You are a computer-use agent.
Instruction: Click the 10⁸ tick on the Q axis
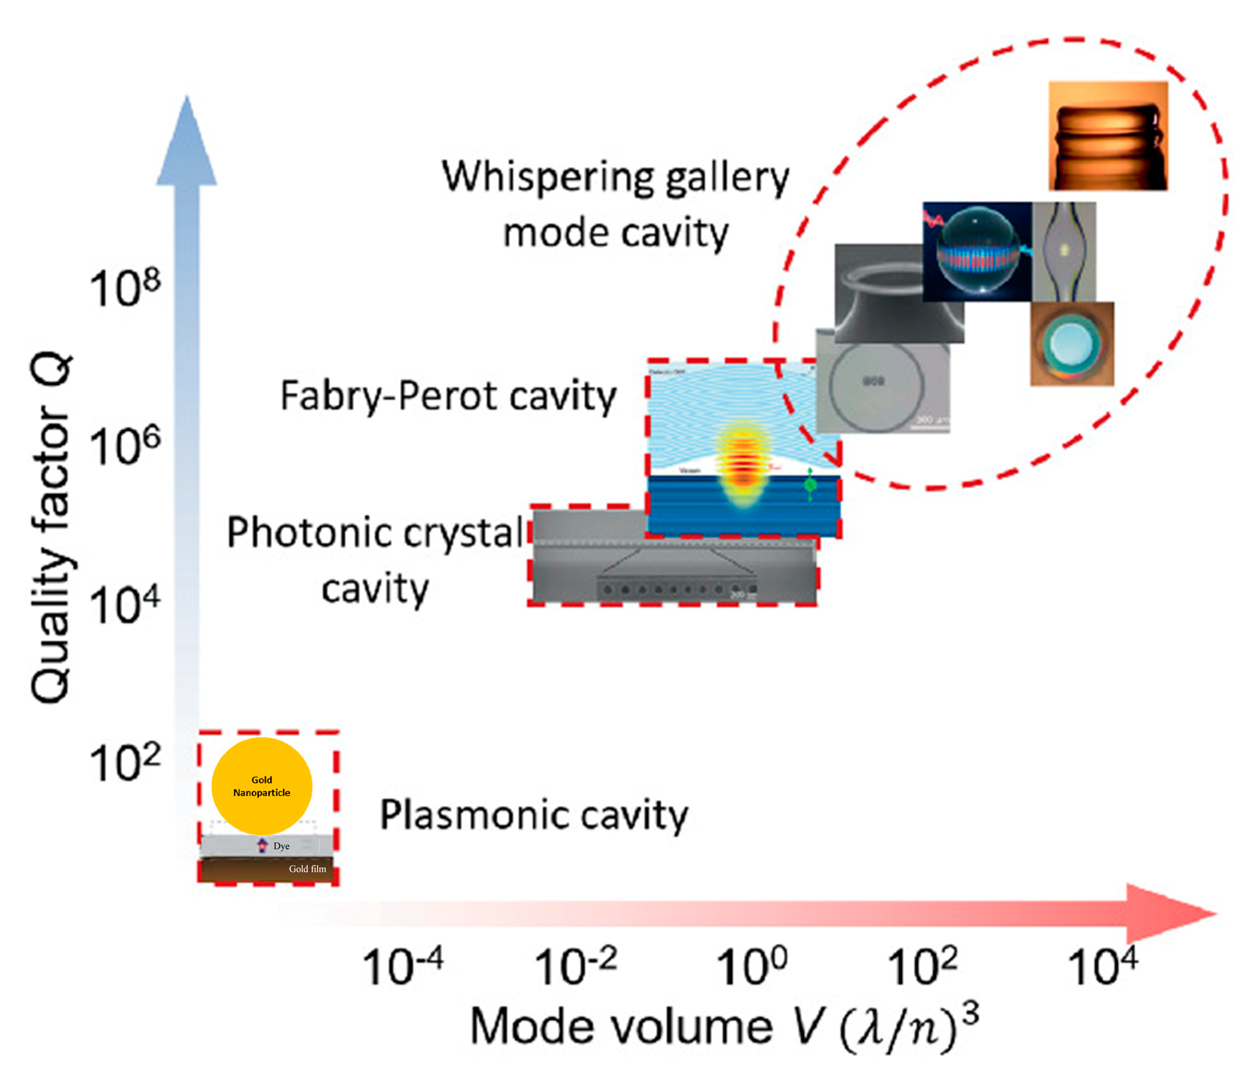[125, 289]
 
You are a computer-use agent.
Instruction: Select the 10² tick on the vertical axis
[125, 764]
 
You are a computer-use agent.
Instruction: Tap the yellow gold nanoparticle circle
[262, 786]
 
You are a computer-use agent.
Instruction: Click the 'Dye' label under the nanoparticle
[281, 846]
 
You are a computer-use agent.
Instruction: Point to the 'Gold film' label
[307, 869]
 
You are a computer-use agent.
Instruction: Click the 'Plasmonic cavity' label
[534, 816]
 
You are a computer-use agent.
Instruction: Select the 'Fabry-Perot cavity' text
[448, 397]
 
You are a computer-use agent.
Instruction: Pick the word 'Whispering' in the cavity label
[547, 178]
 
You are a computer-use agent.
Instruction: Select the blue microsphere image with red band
[977, 252]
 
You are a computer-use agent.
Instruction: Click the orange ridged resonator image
[1108, 136]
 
